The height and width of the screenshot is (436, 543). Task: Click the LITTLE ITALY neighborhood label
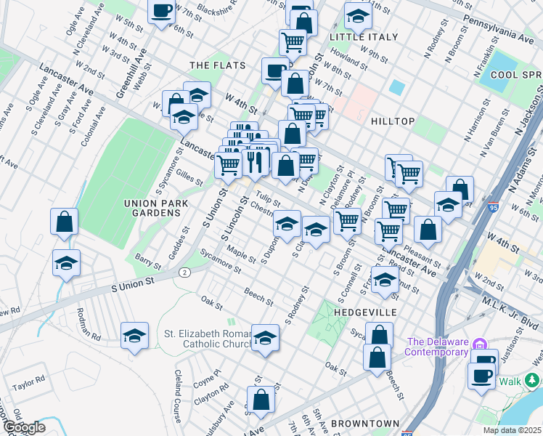click(364, 36)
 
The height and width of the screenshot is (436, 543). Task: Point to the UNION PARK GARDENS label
click(152, 207)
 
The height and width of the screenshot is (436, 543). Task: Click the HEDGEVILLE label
click(366, 312)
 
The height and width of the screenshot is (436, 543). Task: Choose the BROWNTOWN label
click(365, 423)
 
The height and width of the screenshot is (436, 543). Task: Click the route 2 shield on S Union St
click(185, 272)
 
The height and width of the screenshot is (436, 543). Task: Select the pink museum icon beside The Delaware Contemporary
click(478, 343)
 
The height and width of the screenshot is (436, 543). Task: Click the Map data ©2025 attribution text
click(512, 430)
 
